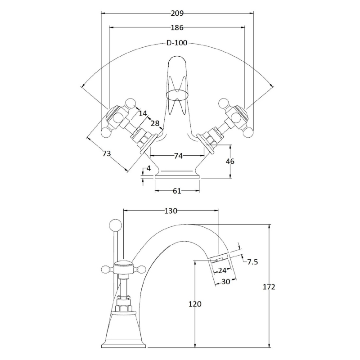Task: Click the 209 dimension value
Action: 177,13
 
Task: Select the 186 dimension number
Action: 177,28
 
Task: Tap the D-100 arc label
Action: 177,43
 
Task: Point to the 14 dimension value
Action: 143,113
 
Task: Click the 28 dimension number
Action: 155,123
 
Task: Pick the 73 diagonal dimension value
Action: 107,153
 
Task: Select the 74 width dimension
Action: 178,156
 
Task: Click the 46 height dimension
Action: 230,162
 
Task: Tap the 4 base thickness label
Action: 148,168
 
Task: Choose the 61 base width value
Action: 177,191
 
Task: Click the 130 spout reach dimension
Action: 171,211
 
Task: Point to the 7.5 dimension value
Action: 252,262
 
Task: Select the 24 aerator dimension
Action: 222,271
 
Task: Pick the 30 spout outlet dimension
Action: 226,282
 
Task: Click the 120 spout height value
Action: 195,304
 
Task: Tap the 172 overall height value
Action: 269,287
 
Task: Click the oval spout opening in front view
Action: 177,94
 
